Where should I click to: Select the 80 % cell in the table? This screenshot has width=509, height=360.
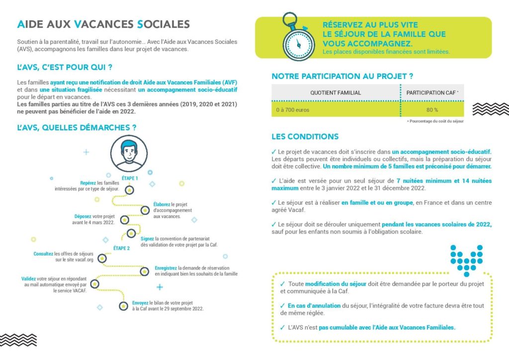[x=432, y=109]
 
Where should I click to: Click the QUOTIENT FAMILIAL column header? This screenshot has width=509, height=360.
[x=336, y=92]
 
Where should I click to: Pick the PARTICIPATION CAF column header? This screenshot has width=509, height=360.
[x=431, y=92]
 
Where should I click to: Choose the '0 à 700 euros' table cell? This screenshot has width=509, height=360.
[x=293, y=109]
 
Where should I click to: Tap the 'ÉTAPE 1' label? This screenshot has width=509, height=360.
[x=130, y=178]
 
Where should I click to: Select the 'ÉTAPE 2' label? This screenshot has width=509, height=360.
[x=121, y=248]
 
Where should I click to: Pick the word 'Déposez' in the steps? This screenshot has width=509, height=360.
[x=84, y=216]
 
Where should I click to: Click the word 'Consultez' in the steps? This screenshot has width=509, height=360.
[x=43, y=254]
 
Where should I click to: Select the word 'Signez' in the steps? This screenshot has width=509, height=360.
[x=147, y=239]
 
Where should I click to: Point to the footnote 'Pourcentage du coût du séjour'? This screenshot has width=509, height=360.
[x=436, y=121]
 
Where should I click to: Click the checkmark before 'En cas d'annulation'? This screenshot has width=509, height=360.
[x=282, y=306]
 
